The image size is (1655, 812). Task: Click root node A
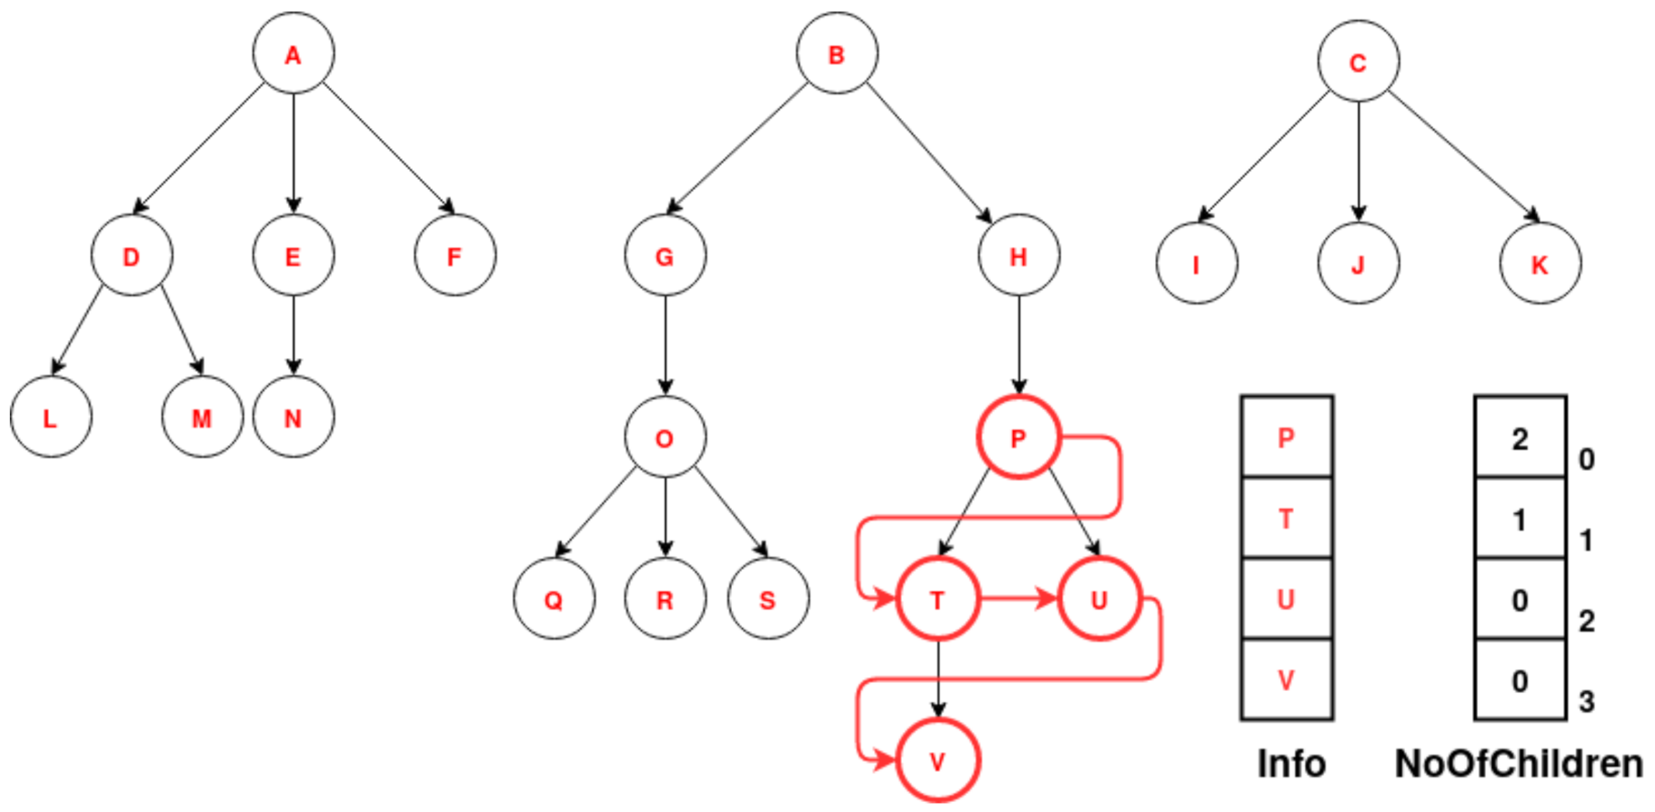pos(293,54)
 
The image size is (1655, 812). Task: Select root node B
pos(837,54)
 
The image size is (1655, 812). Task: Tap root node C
pos(1358,61)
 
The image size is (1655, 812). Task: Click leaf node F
pos(455,255)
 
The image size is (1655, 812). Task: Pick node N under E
pos(293,418)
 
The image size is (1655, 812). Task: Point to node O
pos(665,437)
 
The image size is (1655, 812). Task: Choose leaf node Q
pos(553,599)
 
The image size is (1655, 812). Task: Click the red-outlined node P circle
pos(1018,438)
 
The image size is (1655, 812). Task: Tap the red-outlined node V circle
pos(938,761)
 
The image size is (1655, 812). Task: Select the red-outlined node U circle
pos(1099,599)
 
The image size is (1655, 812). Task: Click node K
pos(1540,264)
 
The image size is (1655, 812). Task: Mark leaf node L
pos(50,418)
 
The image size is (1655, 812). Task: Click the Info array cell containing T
pos(1286,518)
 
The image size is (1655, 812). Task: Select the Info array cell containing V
pos(1286,680)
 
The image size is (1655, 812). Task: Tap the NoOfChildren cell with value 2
pos(1520,438)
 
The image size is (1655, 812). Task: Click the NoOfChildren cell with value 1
pos(1520,519)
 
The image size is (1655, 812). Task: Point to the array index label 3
pos(1587,702)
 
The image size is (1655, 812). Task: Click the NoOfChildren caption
pos(1519,764)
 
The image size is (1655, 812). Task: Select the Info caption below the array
pos(1291,764)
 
